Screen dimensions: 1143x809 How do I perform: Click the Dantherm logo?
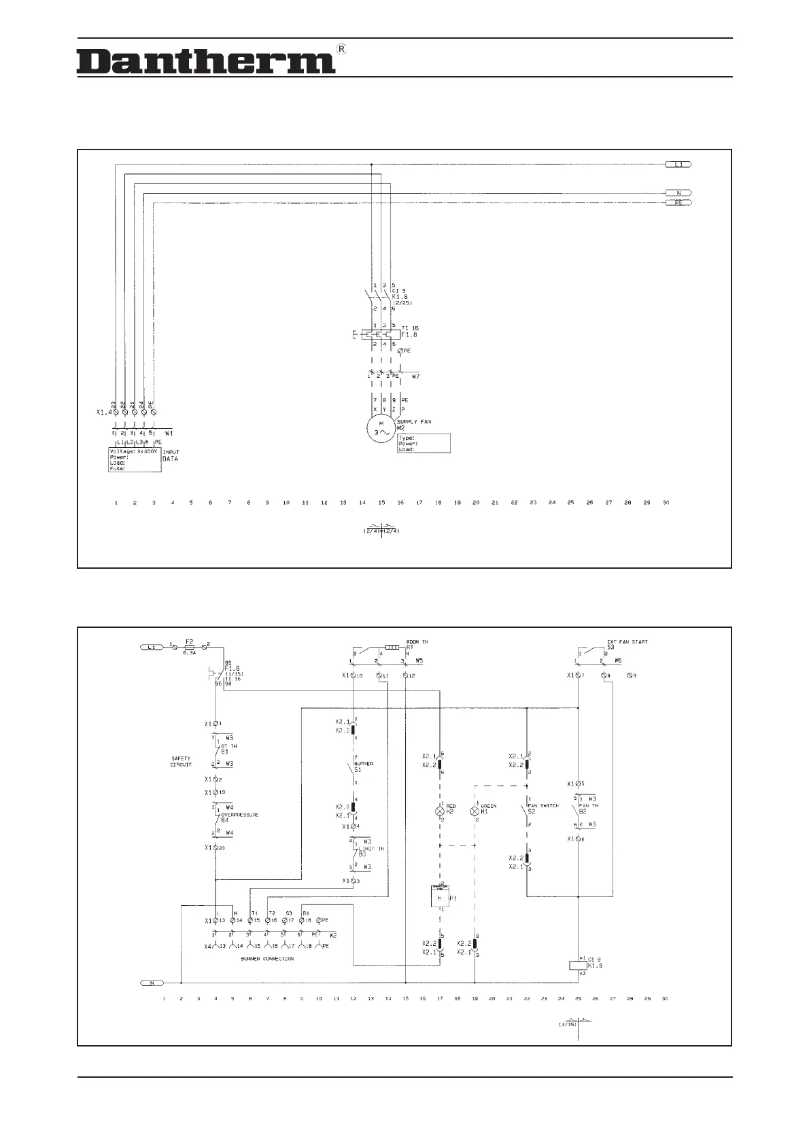click(x=205, y=61)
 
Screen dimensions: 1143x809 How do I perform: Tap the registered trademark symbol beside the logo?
click(x=342, y=49)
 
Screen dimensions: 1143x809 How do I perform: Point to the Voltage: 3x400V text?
click(x=134, y=451)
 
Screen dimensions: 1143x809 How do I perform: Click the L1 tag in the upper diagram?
click(x=678, y=164)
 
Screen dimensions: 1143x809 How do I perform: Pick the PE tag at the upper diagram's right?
click(x=678, y=203)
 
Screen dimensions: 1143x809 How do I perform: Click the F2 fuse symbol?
click(x=190, y=646)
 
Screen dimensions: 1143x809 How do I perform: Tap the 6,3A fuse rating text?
click(x=190, y=653)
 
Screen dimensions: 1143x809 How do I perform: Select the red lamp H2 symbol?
click(x=440, y=811)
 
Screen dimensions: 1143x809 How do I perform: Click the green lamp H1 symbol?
click(x=475, y=811)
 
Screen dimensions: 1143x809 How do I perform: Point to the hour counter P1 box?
click(x=440, y=897)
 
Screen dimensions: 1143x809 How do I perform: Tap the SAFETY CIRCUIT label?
click(x=181, y=762)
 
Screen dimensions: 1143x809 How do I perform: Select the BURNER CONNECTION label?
click(x=267, y=959)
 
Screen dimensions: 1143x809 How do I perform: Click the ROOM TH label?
click(x=417, y=642)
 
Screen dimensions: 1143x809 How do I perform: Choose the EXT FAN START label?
click(x=627, y=642)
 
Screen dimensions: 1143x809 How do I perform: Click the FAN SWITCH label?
click(x=543, y=806)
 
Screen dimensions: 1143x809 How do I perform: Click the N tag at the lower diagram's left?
click(x=152, y=983)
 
